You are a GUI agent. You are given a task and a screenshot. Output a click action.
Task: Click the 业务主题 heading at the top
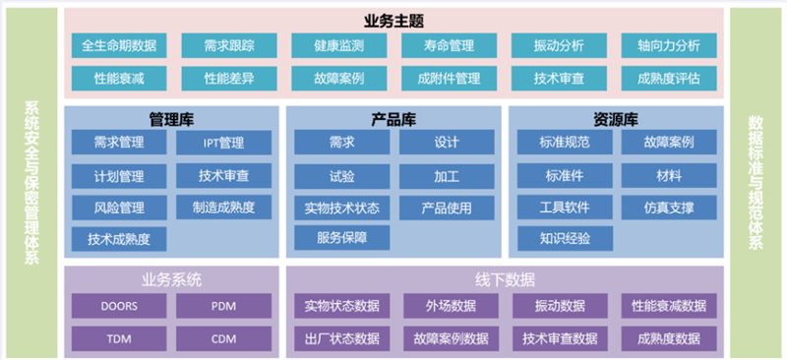pos(393,20)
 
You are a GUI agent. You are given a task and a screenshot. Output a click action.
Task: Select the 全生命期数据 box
pos(118,45)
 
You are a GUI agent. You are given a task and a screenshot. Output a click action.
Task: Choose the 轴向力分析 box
pos(668,45)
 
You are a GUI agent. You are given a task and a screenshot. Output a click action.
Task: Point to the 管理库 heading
pos(170,120)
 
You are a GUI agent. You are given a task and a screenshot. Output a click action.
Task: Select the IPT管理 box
pos(223,144)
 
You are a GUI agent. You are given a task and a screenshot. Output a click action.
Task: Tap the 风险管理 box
pos(118,208)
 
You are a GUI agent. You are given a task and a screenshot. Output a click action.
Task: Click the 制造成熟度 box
pos(223,208)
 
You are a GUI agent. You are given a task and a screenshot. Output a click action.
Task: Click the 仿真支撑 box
pos(669,208)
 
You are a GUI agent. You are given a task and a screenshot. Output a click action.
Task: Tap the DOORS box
pos(118,306)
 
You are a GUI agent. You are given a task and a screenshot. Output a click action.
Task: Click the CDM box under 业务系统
pos(223,338)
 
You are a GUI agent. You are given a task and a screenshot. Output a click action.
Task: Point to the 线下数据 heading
pos(505,278)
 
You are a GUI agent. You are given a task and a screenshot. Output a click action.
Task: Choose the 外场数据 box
pos(449,306)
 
